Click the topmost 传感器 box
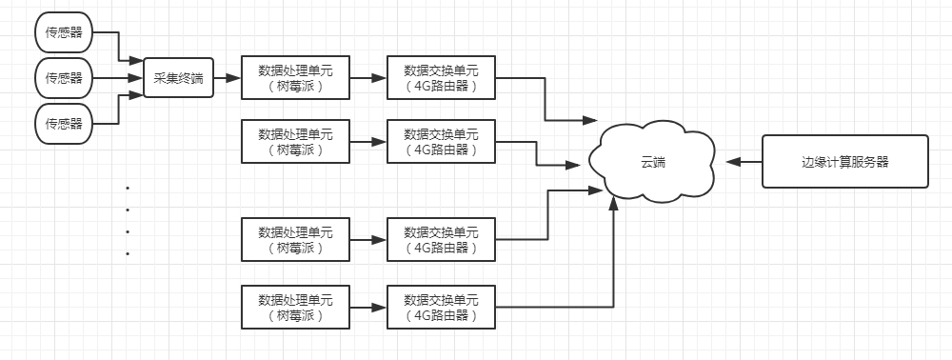click(x=64, y=33)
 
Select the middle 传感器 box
click(x=64, y=78)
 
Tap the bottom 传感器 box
click(x=64, y=123)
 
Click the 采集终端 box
click(x=178, y=78)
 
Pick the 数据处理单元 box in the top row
click(x=295, y=78)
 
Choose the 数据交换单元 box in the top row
click(x=441, y=78)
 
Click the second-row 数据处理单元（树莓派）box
click(x=295, y=142)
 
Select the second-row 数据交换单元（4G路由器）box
click(x=441, y=142)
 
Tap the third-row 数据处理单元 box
click(x=295, y=239)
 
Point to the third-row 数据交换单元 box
click(x=441, y=239)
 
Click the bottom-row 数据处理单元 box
click(x=295, y=307)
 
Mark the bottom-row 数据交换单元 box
click(x=441, y=307)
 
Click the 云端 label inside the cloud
click(x=652, y=162)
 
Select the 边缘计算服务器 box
click(x=844, y=162)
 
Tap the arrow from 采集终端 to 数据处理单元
click(x=228, y=78)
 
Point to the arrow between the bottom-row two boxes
click(x=367, y=307)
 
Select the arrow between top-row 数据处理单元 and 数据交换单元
click(x=367, y=78)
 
